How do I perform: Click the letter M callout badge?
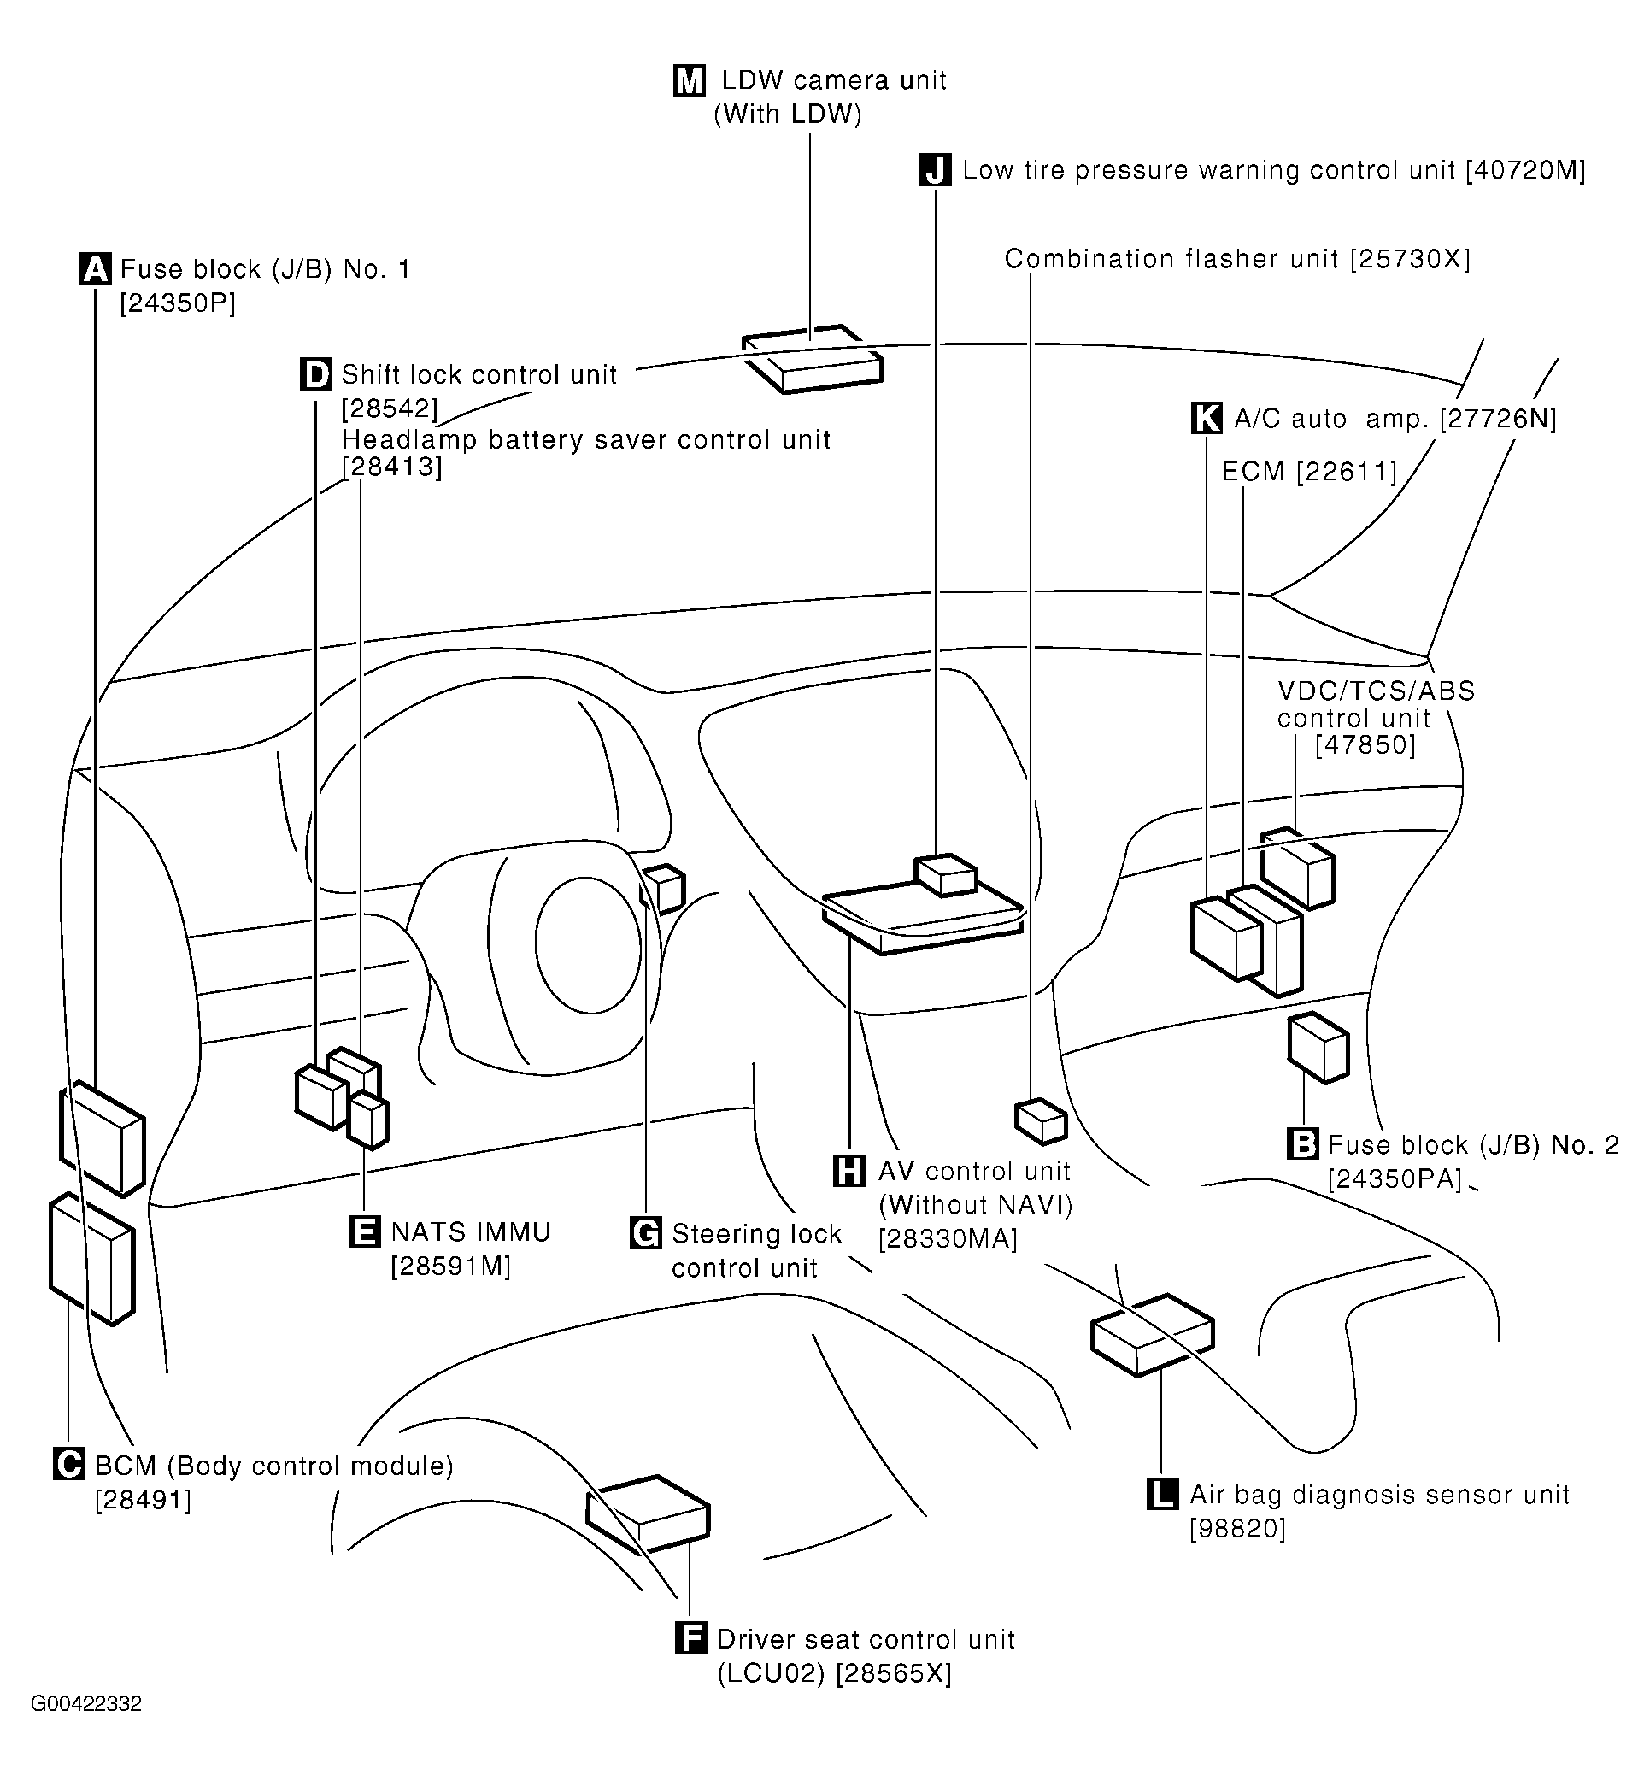pyautogui.click(x=690, y=80)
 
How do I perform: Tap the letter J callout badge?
pyautogui.click(x=936, y=170)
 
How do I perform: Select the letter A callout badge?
pyautogui.click(x=96, y=268)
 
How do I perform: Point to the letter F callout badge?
pyautogui.click(x=691, y=1639)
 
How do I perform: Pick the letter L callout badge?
pyautogui.click(x=1162, y=1495)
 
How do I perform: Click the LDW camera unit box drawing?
pyautogui.click(x=813, y=358)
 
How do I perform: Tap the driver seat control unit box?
pyautogui.click(x=649, y=1514)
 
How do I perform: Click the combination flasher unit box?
pyautogui.click(x=1041, y=1121)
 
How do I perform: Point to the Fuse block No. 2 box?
pyautogui.click(x=1318, y=1049)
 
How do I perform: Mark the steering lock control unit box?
pyautogui.click(x=662, y=890)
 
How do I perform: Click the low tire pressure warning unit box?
pyautogui.click(x=946, y=875)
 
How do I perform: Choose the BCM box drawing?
pyautogui.click(x=92, y=1260)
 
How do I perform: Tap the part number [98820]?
pyautogui.click(x=1237, y=1530)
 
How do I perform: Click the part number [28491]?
pyautogui.click(x=143, y=1501)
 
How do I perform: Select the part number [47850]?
pyautogui.click(x=1366, y=744)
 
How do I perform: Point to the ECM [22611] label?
pyautogui.click(x=1309, y=472)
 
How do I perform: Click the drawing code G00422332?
pyautogui.click(x=85, y=1703)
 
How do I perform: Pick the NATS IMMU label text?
pyautogui.click(x=472, y=1232)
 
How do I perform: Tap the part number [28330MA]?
pyautogui.click(x=948, y=1239)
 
